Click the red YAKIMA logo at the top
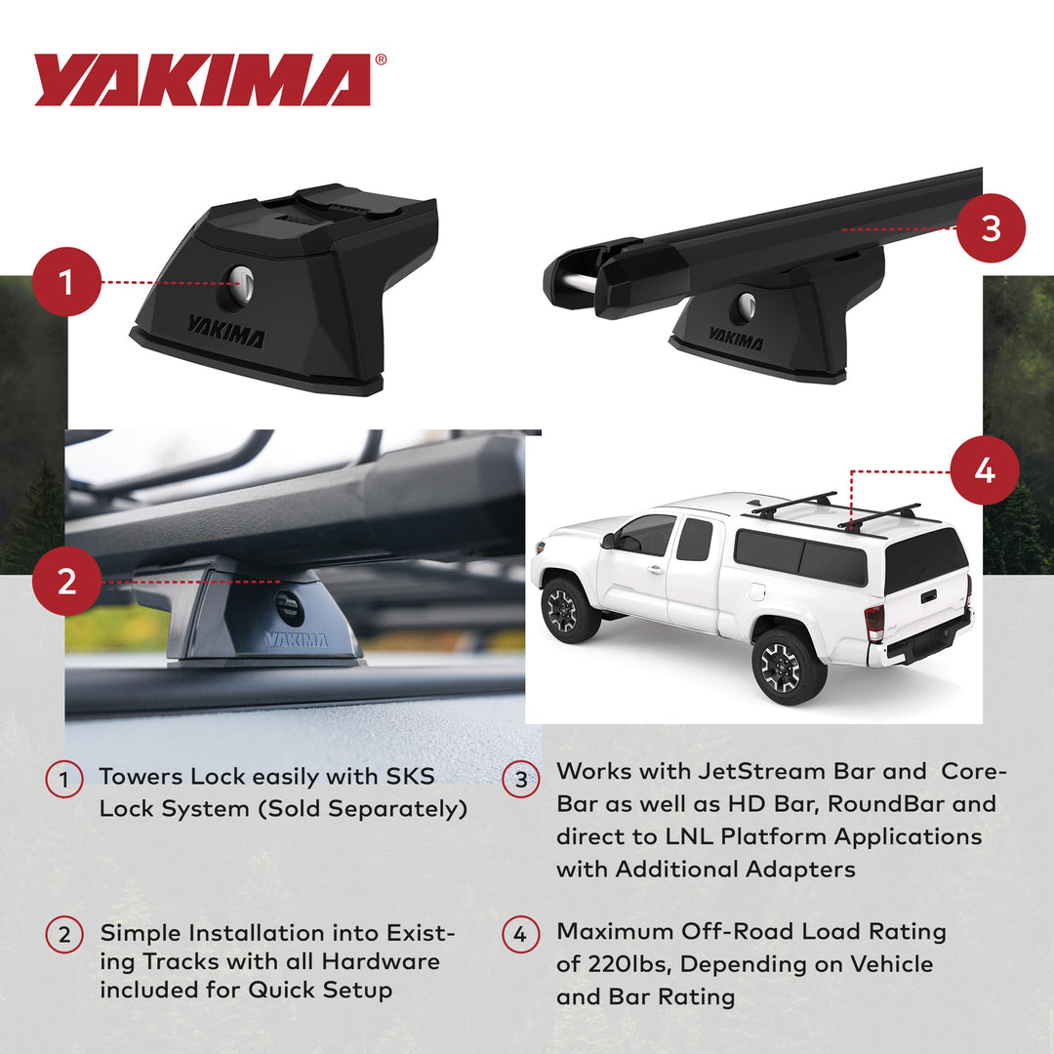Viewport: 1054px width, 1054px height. point(203,80)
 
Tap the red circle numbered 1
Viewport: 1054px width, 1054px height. point(66,282)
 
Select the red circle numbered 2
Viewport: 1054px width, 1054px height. point(66,582)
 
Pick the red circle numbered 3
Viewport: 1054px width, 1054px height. point(991,228)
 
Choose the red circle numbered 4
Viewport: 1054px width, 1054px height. point(984,470)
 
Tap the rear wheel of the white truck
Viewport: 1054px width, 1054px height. point(788,666)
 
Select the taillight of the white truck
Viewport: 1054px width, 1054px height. point(874,622)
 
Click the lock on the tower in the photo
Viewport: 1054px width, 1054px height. point(289,607)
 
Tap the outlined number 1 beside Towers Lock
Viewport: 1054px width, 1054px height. point(64,780)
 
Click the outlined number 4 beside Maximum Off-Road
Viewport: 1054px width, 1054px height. point(520,935)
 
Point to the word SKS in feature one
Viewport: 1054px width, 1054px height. point(408,777)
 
